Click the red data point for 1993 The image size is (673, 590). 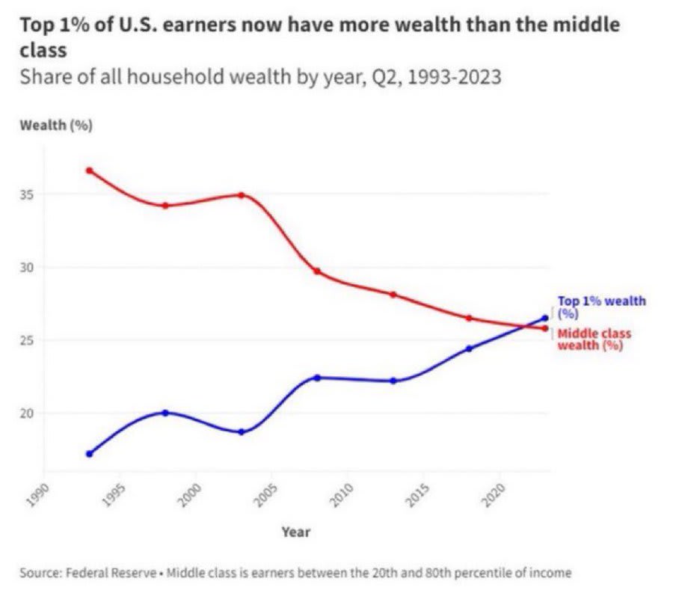89,170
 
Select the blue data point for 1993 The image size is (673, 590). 89,454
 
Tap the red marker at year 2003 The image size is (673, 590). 242,195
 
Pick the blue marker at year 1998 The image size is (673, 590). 165,413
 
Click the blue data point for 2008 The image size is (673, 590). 317,378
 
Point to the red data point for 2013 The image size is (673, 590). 393,295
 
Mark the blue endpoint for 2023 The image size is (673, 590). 544,319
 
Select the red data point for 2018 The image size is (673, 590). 469,318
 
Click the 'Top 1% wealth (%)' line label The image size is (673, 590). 602,307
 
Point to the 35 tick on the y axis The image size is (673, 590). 30,194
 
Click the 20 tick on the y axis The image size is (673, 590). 30,413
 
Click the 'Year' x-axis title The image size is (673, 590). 295,532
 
